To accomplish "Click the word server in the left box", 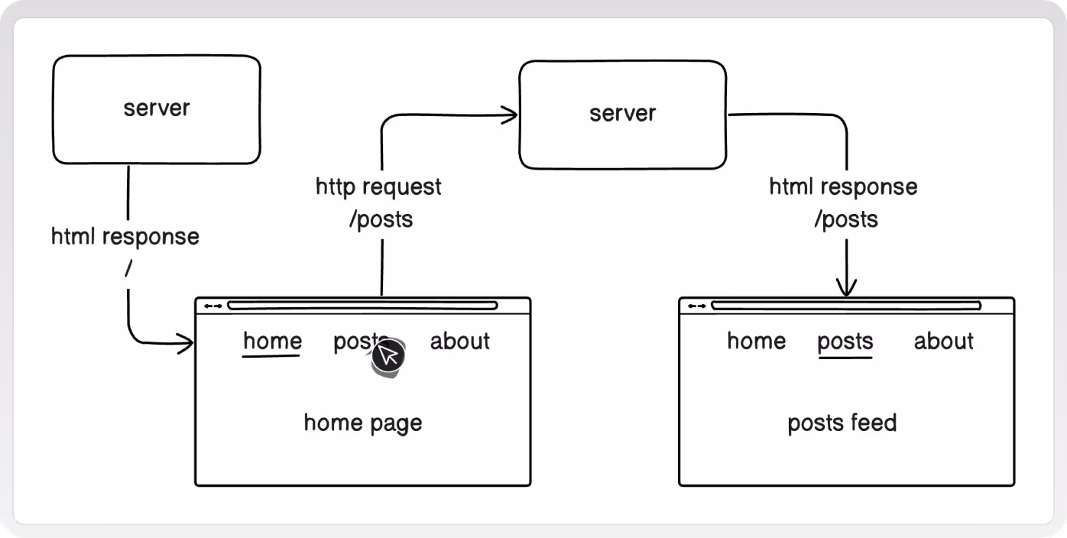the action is click(x=157, y=108).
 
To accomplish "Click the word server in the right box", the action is click(x=623, y=113).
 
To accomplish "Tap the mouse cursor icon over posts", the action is click(x=388, y=358).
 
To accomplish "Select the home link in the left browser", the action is click(x=272, y=341).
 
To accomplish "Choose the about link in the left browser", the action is click(x=459, y=341).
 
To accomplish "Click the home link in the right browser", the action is click(x=756, y=341).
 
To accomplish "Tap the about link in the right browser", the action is click(x=944, y=341).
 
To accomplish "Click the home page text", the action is click(x=363, y=423).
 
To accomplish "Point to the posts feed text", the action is click(x=842, y=423).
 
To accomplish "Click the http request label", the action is click(x=378, y=186).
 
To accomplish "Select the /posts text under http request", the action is click(x=381, y=219).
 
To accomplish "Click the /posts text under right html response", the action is click(x=846, y=219).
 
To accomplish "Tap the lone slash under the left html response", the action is click(x=128, y=269).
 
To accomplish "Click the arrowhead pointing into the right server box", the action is click(x=510, y=115).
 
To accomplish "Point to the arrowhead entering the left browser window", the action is click(x=186, y=343).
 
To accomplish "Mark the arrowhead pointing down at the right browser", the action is click(x=846, y=288).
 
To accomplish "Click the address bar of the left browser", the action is click(x=362, y=306).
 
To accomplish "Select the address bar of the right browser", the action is click(x=846, y=306).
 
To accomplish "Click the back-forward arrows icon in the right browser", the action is click(x=697, y=306).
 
